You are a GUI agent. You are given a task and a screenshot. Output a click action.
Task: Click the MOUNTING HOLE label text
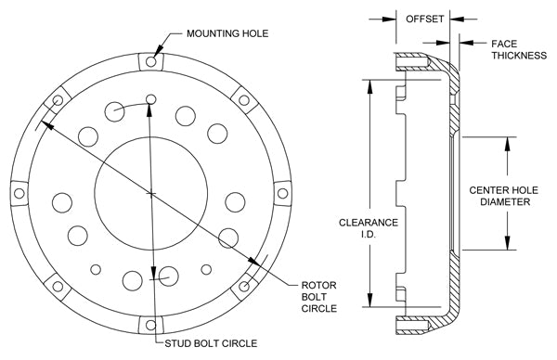227,33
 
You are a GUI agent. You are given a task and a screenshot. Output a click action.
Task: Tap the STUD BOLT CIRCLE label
211,343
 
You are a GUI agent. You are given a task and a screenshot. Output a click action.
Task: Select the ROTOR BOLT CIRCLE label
319,297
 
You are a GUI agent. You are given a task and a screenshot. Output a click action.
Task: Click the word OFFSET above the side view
424,19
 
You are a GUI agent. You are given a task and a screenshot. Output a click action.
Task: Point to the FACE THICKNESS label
519,50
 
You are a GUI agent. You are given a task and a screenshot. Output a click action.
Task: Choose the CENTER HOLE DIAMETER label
504,196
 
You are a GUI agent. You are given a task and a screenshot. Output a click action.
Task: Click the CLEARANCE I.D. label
368,228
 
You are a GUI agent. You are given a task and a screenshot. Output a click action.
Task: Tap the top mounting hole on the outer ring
151,62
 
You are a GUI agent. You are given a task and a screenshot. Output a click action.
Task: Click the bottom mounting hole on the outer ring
151,325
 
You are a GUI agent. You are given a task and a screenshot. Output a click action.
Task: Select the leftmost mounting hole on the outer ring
19,194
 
